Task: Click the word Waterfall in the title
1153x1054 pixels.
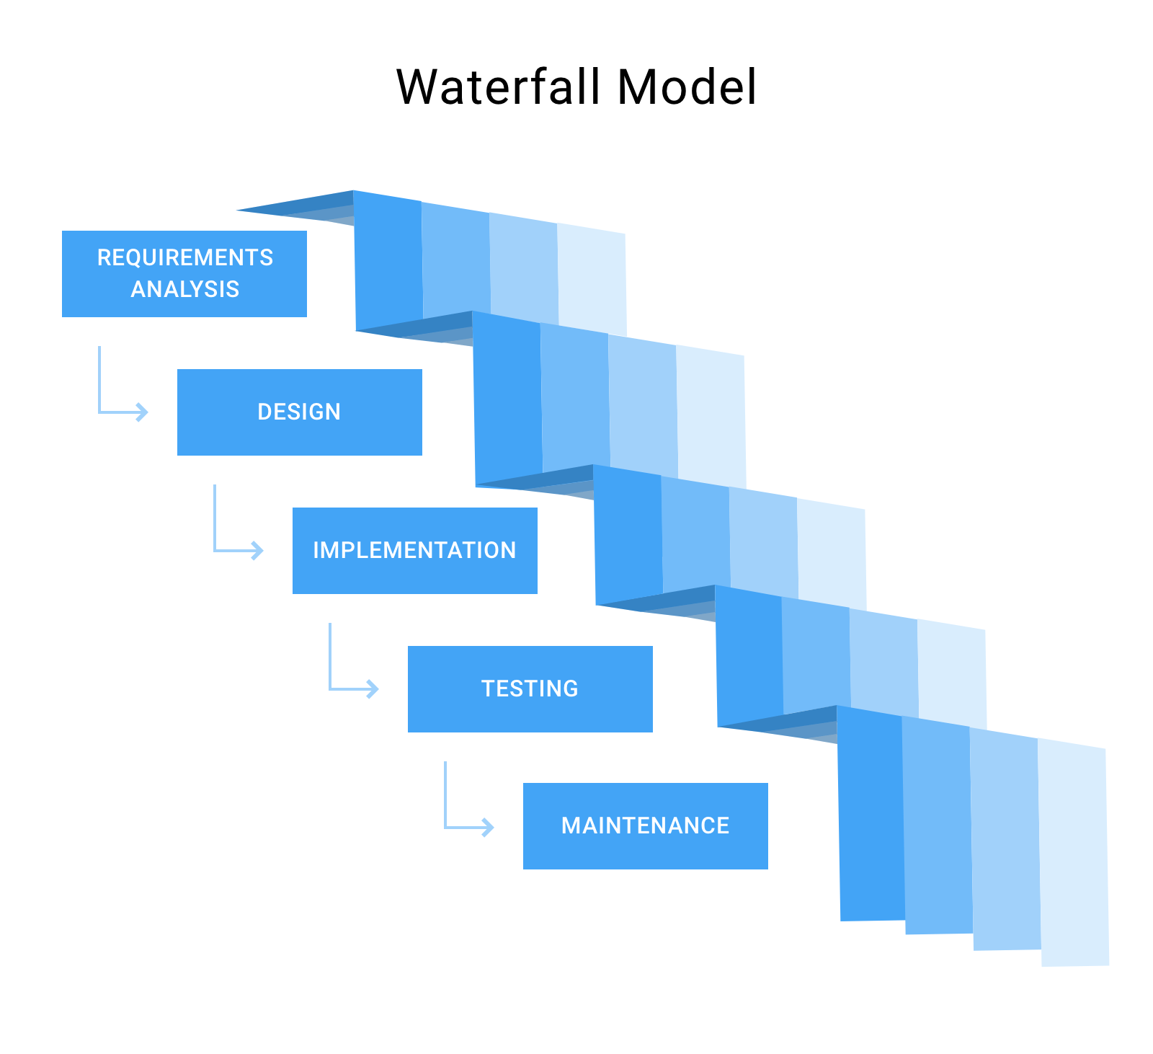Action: tap(498, 87)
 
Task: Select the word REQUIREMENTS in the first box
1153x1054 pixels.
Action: tap(185, 257)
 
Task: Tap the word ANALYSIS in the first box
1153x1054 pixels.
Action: tap(185, 289)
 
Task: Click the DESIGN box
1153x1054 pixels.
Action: tap(299, 412)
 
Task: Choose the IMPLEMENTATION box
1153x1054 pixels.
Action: tap(414, 550)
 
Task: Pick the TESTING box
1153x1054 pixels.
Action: tap(530, 688)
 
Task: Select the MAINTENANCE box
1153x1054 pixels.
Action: tap(645, 825)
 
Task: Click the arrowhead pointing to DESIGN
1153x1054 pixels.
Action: tap(143, 412)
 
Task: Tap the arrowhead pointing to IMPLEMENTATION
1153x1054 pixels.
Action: tap(258, 551)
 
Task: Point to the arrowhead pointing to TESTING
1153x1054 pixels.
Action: tap(373, 689)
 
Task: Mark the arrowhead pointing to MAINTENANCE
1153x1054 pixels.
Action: tap(489, 826)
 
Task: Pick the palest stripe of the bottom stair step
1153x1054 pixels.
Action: tap(1074, 854)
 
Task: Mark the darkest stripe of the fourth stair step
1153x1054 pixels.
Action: tap(749, 656)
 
